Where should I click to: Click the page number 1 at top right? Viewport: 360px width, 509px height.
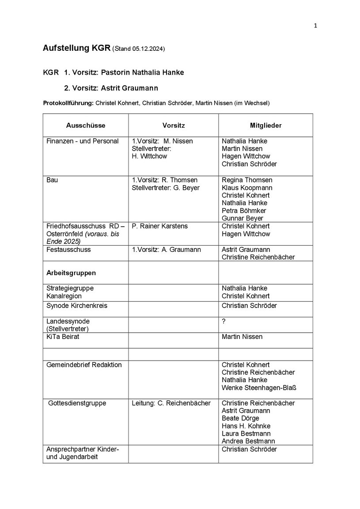315,26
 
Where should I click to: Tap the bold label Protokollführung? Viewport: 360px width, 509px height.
68,103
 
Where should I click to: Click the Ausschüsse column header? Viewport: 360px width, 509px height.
86,125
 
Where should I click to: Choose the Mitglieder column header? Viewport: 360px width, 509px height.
265,125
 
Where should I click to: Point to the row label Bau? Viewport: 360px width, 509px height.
52,180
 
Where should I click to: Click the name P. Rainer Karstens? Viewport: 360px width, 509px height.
159,226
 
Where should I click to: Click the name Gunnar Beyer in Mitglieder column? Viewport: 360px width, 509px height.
243,218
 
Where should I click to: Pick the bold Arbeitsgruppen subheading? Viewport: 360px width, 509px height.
71,273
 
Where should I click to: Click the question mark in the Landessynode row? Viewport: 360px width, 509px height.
224,321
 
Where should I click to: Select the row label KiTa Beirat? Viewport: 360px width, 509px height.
63,337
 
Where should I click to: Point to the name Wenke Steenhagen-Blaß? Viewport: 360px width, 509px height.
259,388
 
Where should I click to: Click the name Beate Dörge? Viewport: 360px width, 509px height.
240,418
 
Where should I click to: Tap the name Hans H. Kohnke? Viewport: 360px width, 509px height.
246,426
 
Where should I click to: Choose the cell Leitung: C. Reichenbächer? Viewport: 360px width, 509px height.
171,403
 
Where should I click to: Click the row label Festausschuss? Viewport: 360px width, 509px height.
68,250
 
